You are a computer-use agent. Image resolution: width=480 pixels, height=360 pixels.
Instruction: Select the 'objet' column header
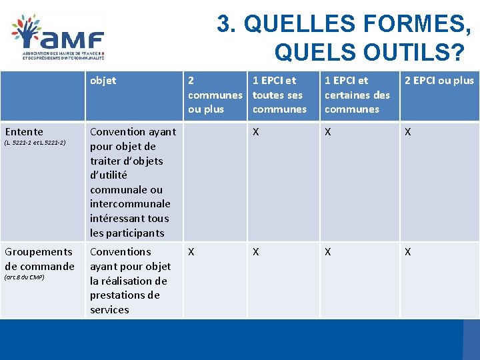[x=103, y=81]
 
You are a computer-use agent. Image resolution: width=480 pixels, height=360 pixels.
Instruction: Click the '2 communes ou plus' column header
[x=215, y=95]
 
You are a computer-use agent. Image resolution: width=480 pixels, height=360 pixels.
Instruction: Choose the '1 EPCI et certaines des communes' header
[x=357, y=95]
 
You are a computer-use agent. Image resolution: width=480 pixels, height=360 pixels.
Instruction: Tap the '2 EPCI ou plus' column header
[x=439, y=81]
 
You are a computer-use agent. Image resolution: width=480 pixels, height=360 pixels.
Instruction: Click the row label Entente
[x=24, y=132]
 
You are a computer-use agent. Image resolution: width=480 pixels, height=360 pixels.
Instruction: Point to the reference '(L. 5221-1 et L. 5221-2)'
[x=35, y=143]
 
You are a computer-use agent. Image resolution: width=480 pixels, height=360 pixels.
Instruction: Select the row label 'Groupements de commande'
[x=39, y=259]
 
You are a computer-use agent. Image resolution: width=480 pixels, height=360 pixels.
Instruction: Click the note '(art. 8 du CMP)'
[x=25, y=277]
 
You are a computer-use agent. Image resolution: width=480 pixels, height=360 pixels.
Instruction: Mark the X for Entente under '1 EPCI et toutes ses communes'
[x=257, y=132]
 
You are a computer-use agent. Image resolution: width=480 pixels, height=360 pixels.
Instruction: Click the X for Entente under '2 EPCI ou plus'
[x=408, y=132]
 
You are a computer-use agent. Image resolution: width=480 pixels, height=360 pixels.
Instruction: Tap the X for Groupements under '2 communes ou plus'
[x=191, y=252]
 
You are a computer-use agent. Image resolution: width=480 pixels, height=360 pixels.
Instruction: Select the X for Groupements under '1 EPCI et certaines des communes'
[x=328, y=252]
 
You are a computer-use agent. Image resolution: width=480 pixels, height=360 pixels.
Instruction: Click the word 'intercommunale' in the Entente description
[x=130, y=204]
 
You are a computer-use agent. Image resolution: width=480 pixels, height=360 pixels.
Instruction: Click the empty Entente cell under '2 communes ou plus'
[x=215, y=181]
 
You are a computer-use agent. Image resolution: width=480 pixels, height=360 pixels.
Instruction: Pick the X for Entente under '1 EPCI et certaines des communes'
[x=328, y=132]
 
